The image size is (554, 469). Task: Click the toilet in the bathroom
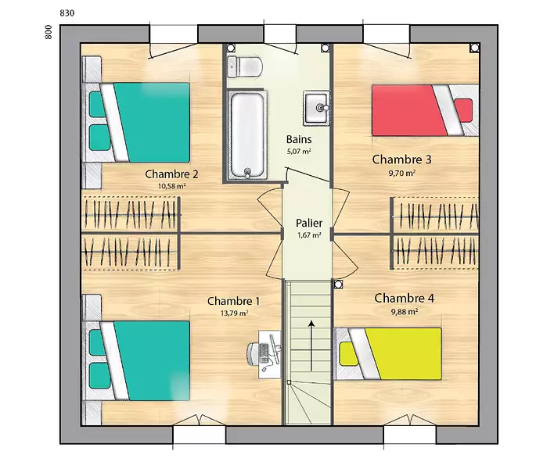click(x=244, y=66)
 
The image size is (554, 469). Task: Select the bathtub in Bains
click(x=247, y=135)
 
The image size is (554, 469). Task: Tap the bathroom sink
click(x=316, y=108)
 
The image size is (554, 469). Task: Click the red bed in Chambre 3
click(x=425, y=110)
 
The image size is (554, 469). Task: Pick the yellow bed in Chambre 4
click(x=388, y=353)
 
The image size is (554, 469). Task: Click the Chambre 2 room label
click(x=171, y=174)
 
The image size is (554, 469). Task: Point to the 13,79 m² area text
click(x=234, y=313)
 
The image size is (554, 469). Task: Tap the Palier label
click(x=309, y=223)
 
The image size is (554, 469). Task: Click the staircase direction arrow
click(x=311, y=345)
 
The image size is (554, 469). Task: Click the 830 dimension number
click(x=67, y=13)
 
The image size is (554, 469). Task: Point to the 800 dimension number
click(x=49, y=32)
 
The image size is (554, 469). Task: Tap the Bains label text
click(x=299, y=139)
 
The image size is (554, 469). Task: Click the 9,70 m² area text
click(x=402, y=174)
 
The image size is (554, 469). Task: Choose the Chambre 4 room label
click(x=405, y=298)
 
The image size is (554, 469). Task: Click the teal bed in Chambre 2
click(x=135, y=123)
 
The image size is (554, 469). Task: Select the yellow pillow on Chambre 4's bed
click(x=348, y=354)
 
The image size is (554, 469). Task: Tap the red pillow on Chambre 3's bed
click(x=463, y=110)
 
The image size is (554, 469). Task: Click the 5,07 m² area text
click(x=299, y=152)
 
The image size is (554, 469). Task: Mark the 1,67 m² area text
click(x=309, y=235)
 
